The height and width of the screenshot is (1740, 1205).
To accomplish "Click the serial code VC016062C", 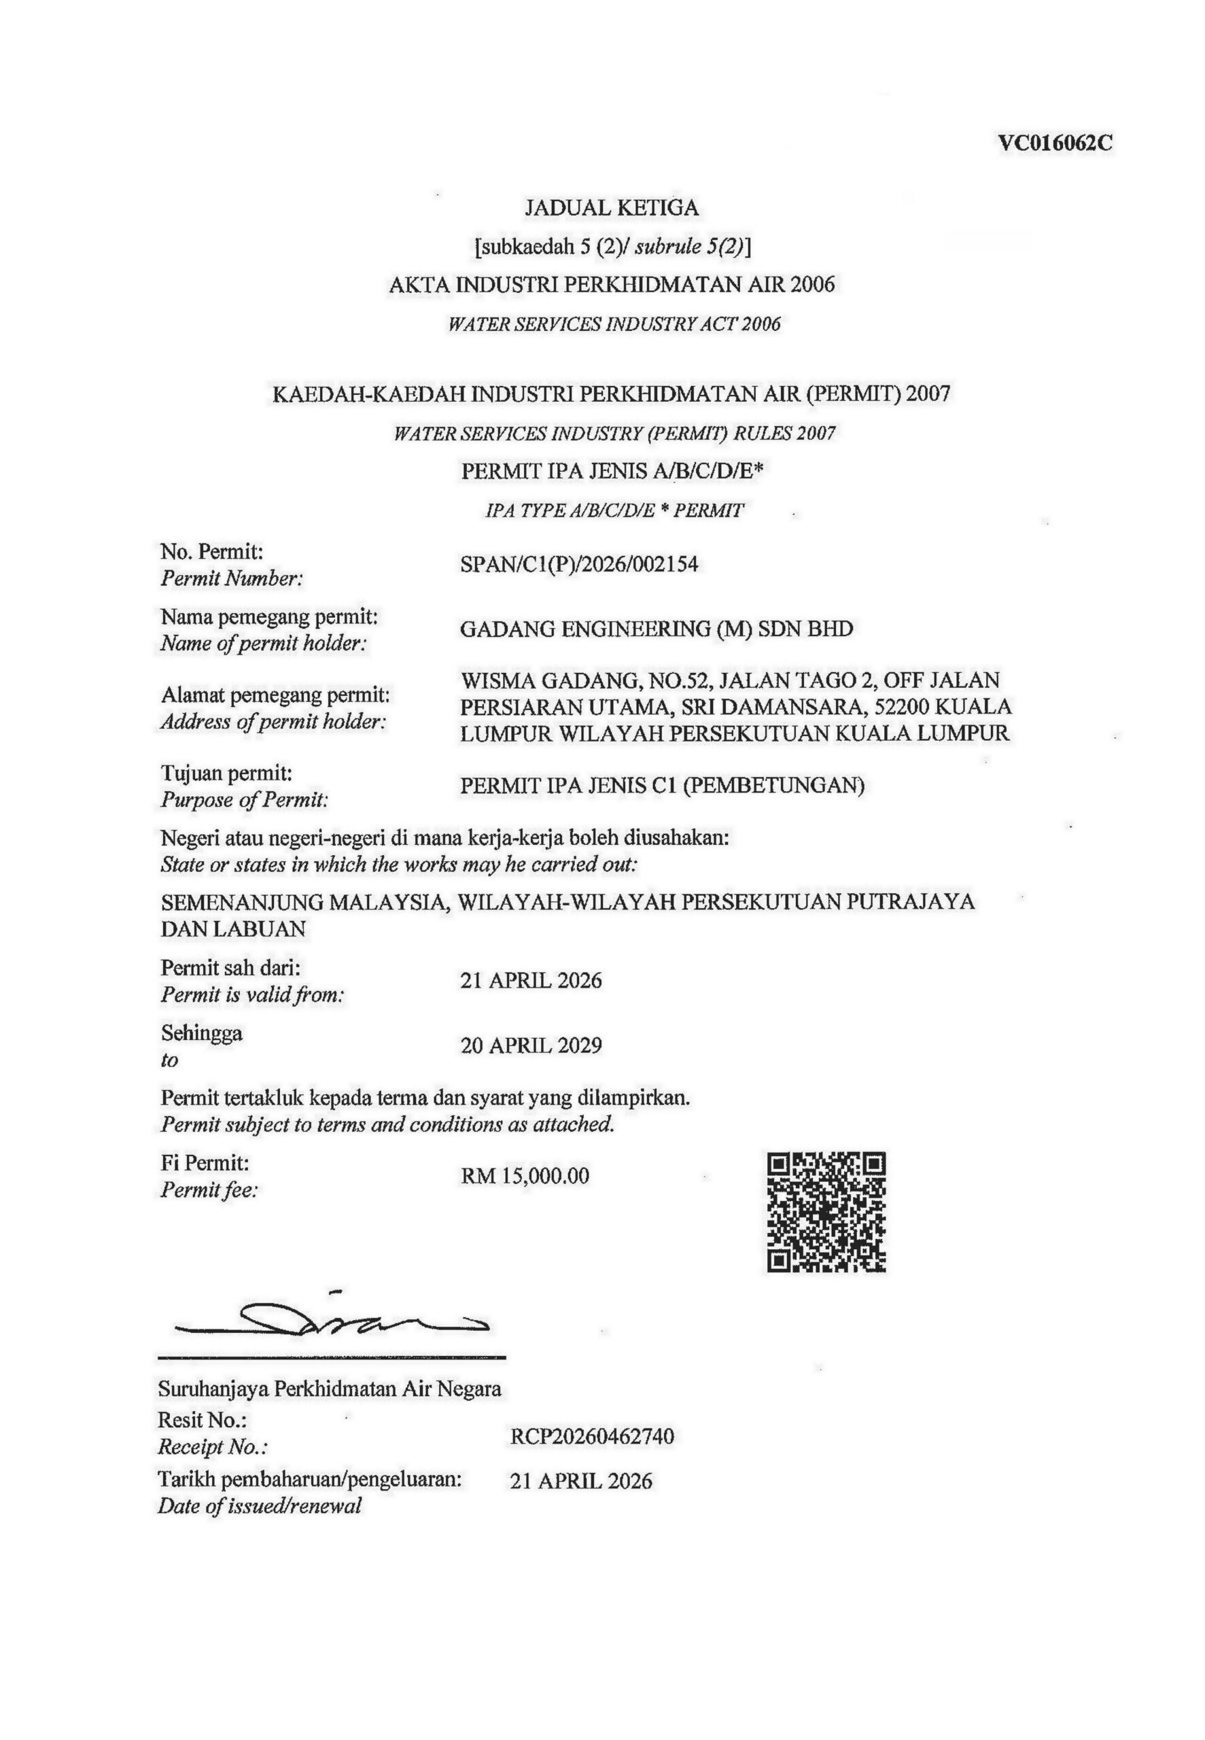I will click(1055, 143).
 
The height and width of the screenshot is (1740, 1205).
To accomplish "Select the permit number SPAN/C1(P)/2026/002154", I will click(579, 564).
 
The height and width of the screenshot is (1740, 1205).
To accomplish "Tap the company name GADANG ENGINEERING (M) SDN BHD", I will click(656, 629).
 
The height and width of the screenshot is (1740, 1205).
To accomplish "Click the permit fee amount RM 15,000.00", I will click(525, 1175).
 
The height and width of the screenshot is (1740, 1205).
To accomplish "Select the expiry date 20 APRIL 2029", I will click(531, 1045).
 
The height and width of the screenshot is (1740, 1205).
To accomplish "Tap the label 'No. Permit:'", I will click(212, 552).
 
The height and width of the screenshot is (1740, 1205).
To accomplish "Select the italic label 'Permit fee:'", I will click(210, 1190).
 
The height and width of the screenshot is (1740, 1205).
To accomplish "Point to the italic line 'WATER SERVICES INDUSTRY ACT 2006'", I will click(614, 325).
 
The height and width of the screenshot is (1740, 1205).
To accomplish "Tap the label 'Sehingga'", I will click(202, 1032).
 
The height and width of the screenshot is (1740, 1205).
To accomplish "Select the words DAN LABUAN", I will click(233, 929).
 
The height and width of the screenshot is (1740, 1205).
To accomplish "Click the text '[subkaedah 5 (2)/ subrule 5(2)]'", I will click(612, 246).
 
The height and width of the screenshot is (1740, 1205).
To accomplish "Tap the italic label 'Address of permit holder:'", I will click(273, 722).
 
